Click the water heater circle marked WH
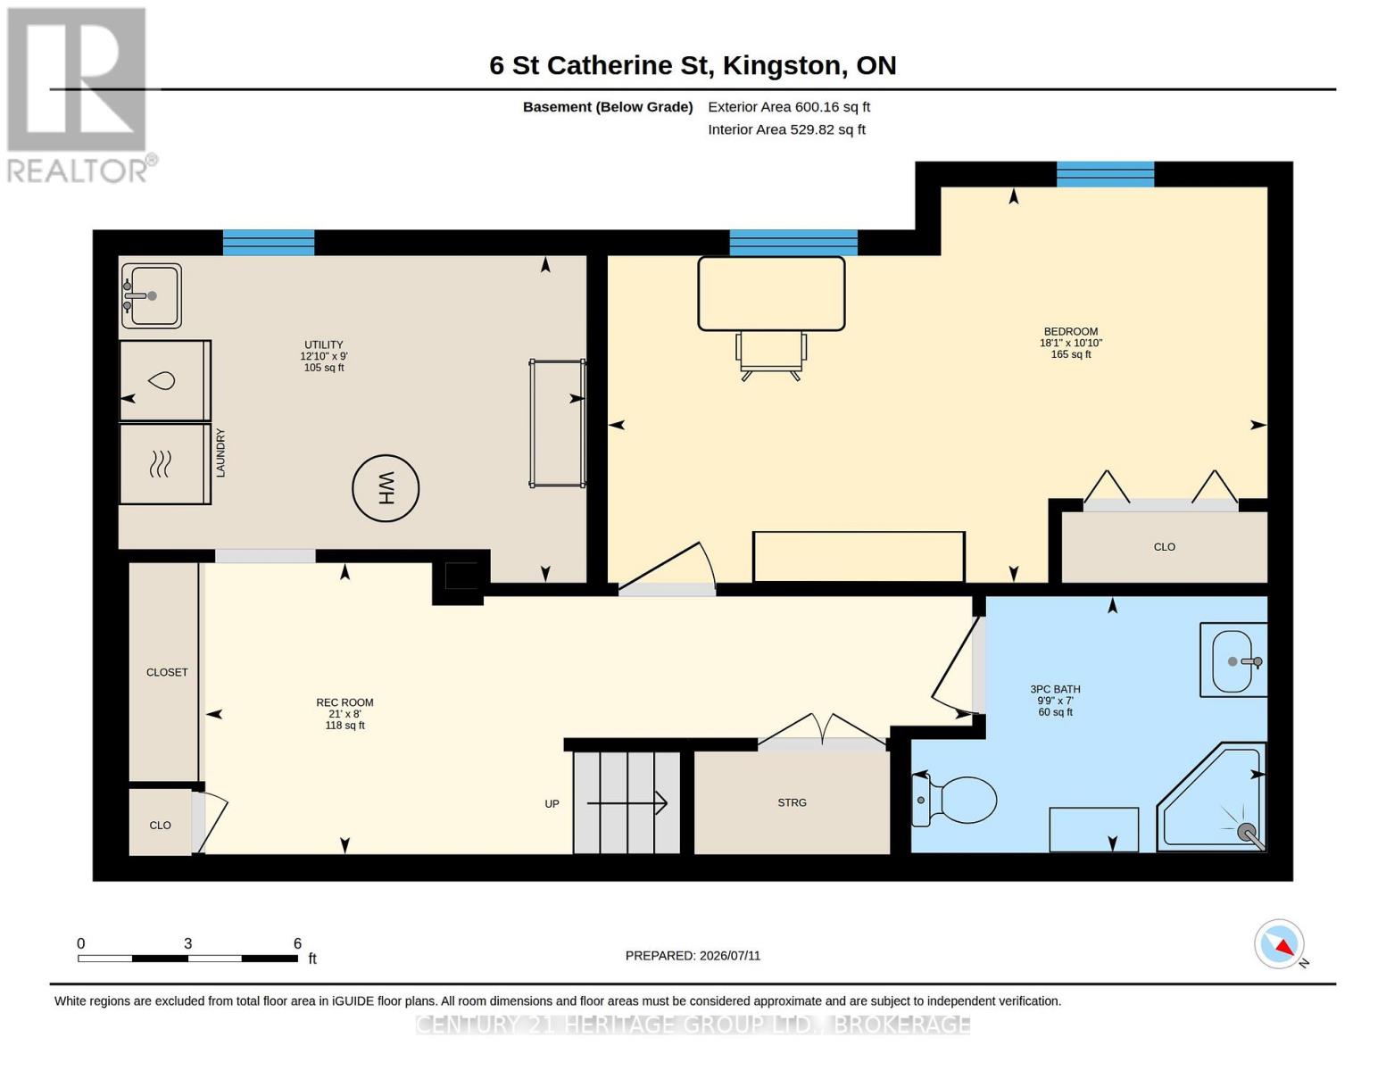(x=386, y=488)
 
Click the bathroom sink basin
(x=1233, y=660)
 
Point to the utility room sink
(x=152, y=296)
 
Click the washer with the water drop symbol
(x=165, y=381)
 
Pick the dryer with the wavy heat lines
(x=165, y=464)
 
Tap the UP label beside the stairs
(x=552, y=804)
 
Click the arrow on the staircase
(x=627, y=803)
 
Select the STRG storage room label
(x=793, y=802)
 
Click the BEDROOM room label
(x=1071, y=332)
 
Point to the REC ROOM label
(x=345, y=702)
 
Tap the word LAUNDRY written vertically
(x=220, y=452)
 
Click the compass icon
(x=1279, y=944)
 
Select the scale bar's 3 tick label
(x=188, y=943)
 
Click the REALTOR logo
(x=80, y=95)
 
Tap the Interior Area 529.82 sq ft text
(x=786, y=129)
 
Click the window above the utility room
(x=269, y=243)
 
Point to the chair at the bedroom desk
(x=771, y=356)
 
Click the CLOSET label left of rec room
(x=167, y=672)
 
